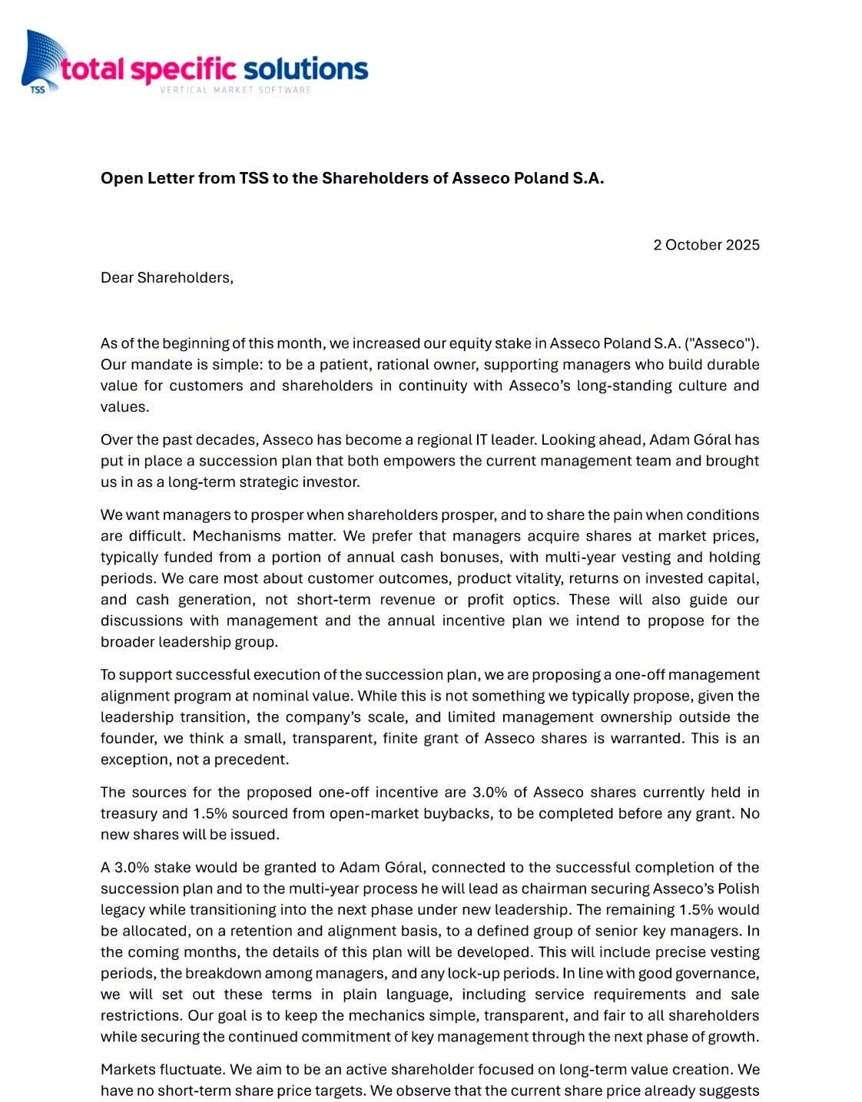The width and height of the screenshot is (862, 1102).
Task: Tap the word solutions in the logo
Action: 306,69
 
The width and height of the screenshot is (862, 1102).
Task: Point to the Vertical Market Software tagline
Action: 235,90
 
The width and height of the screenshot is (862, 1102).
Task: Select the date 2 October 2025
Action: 706,245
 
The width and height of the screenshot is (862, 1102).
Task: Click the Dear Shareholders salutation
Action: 167,277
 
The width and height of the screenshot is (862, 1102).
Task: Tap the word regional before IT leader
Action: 437,440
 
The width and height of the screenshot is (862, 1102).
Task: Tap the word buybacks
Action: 453,812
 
